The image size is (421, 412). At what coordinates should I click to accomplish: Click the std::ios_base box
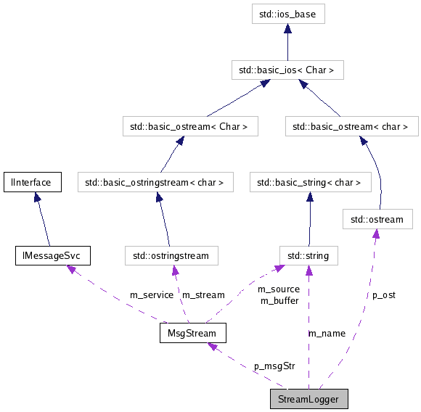tap(287, 13)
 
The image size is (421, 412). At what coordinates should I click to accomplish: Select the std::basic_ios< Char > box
tap(287, 70)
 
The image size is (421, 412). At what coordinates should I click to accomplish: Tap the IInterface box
tap(31, 182)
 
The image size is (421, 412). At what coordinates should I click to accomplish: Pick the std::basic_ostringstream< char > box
tap(155, 182)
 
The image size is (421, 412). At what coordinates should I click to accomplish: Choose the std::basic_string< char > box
tap(310, 182)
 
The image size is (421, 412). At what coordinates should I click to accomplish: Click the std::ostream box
tap(377, 218)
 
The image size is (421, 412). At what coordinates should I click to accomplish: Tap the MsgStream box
tap(192, 333)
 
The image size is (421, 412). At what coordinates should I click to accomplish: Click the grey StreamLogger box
tap(308, 399)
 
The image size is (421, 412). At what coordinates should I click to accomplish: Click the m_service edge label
tap(151, 295)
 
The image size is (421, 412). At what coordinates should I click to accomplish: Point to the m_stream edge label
tap(203, 295)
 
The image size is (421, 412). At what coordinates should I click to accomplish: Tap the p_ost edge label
tap(384, 295)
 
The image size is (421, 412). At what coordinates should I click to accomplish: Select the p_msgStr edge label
tap(274, 366)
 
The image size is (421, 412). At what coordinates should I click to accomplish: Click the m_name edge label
tap(327, 333)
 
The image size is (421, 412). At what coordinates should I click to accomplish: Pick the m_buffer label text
tap(279, 300)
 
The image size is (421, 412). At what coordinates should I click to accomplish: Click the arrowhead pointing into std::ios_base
tap(287, 29)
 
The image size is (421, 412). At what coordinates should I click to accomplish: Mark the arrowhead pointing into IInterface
tap(34, 197)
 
